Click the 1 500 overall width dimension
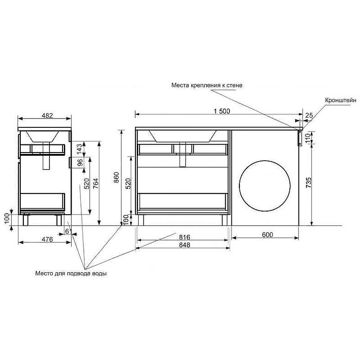[x=222, y=110]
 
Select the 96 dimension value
[x=79, y=163]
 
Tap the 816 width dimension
[x=184, y=237]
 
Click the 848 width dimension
[x=184, y=245]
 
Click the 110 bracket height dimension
[x=308, y=137]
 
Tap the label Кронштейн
[x=340, y=100]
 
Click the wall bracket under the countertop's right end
[x=299, y=137]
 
